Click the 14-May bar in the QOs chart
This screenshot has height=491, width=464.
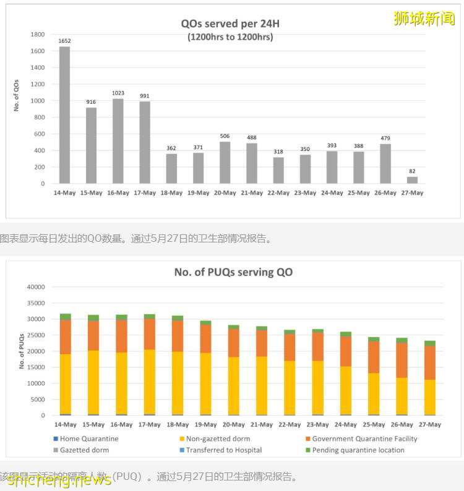[x=64, y=115]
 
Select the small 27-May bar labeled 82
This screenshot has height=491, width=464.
[x=411, y=180]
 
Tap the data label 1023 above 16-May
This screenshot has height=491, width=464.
[x=118, y=93]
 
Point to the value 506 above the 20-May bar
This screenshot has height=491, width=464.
[x=225, y=136]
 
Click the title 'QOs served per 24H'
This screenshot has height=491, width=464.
[x=230, y=24]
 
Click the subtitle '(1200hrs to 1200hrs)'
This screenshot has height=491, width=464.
[x=230, y=37]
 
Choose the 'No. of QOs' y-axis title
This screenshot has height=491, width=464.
[x=17, y=95]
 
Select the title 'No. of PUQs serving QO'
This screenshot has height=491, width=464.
[x=233, y=272]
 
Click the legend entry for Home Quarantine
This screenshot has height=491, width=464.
[x=88, y=438]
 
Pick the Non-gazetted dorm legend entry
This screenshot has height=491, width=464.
[x=218, y=438]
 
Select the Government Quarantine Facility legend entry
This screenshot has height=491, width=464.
[x=364, y=438]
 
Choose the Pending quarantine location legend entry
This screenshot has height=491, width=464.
[x=358, y=450]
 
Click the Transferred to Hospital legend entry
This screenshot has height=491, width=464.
[x=223, y=450]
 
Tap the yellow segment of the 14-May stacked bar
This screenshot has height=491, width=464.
[x=65, y=383]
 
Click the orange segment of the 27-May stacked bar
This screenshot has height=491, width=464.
[x=429, y=363]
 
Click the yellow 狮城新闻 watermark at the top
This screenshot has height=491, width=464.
[x=424, y=18]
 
